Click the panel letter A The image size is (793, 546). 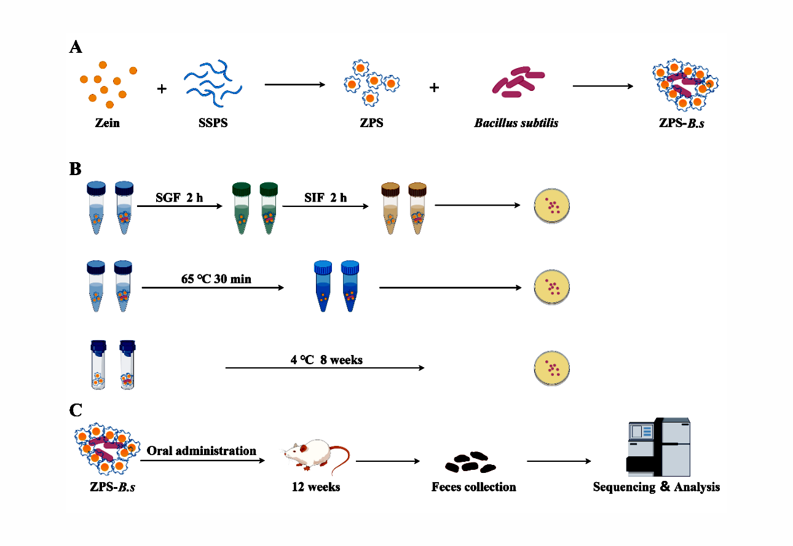(x=76, y=47)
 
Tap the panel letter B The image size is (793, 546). (x=76, y=169)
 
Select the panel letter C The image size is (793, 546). (x=76, y=409)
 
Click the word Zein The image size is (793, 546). (x=107, y=123)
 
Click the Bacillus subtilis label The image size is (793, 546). (x=516, y=123)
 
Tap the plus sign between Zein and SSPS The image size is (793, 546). (x=162, y=89)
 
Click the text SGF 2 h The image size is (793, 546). (x=178, y=197)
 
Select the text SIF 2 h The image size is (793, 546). (x=326, y=197)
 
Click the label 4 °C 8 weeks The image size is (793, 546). (x=326, y=359)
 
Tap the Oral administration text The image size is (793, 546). (x=202, y=451)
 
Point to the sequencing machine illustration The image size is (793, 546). (x=658, y=447)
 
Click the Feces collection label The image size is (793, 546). (x=473, y=487)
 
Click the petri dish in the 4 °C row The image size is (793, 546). (x=552, y=368)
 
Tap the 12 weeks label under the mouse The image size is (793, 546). (x=316, y=487)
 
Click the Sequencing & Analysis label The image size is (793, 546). (x=656, y=487)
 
